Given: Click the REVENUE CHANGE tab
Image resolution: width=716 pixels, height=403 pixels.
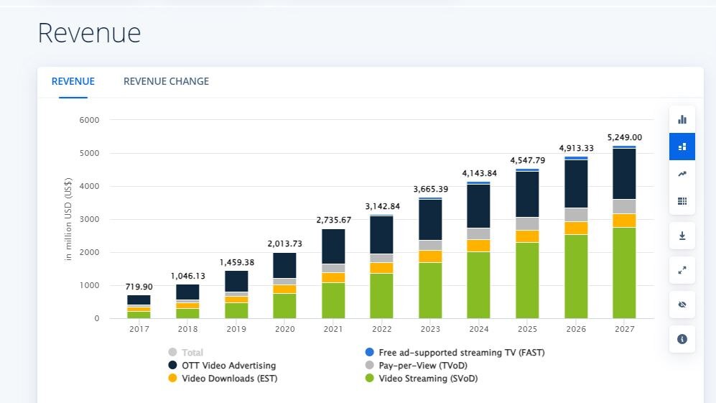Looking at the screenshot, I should (x=166, y=82).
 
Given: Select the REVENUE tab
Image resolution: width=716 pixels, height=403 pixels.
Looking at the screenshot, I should (x=73, y=82).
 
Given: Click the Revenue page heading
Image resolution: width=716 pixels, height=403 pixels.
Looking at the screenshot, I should (x=89, y=34).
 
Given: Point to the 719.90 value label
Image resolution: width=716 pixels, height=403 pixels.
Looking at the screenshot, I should (x=139, y=287).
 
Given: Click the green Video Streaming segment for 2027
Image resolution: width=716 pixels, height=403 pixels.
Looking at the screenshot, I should (x=624, y=273).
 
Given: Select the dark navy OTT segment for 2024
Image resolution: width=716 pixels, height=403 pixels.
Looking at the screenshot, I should (x=478, y=206).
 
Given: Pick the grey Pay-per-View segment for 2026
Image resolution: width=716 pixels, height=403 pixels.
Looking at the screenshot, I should (x=576, y=215).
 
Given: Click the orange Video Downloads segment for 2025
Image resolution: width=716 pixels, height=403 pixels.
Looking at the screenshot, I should (x=527, y=236).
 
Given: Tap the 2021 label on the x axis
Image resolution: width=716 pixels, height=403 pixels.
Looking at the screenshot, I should (x=333, y=328).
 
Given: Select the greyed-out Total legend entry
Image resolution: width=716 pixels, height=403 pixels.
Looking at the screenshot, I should (x=192, y=353).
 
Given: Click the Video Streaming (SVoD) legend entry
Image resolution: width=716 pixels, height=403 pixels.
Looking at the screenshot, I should (x=428, y=379).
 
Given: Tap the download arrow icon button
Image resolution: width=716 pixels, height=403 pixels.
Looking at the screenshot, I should (x=682, y=235).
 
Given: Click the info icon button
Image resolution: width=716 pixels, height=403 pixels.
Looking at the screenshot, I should (x=682, y=339).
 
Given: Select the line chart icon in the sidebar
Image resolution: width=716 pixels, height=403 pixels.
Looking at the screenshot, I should (x=682, y=174).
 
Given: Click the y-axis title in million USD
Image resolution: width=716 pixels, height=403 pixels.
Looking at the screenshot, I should (x=69, y=219).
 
